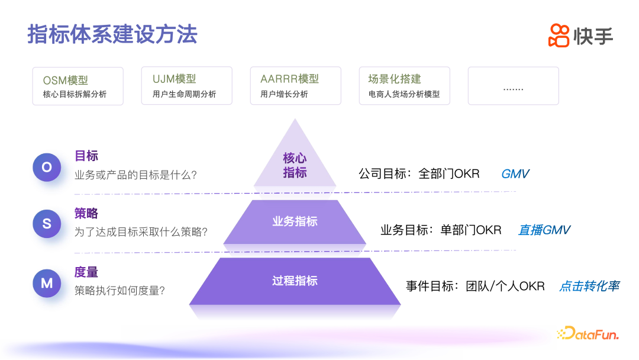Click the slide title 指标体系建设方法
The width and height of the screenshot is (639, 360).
112,34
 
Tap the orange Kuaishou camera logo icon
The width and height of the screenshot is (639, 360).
559,35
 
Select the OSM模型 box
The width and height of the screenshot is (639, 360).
78,86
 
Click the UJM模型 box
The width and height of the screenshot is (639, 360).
186,86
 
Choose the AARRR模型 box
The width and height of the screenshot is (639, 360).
295,86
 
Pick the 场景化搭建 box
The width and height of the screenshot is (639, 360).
404,86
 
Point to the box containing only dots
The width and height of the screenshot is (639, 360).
513,86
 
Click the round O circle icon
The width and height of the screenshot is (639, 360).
47,167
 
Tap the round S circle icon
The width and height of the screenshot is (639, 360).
47,223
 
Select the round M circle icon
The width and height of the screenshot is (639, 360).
47,283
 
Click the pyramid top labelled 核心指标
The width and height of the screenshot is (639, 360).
295,165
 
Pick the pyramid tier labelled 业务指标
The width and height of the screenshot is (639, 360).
295,221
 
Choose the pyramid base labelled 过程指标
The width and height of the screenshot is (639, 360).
295,281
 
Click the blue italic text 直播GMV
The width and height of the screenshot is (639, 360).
544,230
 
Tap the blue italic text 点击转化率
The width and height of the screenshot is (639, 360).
589,286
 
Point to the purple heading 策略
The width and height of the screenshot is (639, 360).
86,214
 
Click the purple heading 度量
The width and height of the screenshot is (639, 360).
86,272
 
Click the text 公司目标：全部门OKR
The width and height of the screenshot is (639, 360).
419,174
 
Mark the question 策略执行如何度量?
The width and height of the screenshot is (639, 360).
120,291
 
